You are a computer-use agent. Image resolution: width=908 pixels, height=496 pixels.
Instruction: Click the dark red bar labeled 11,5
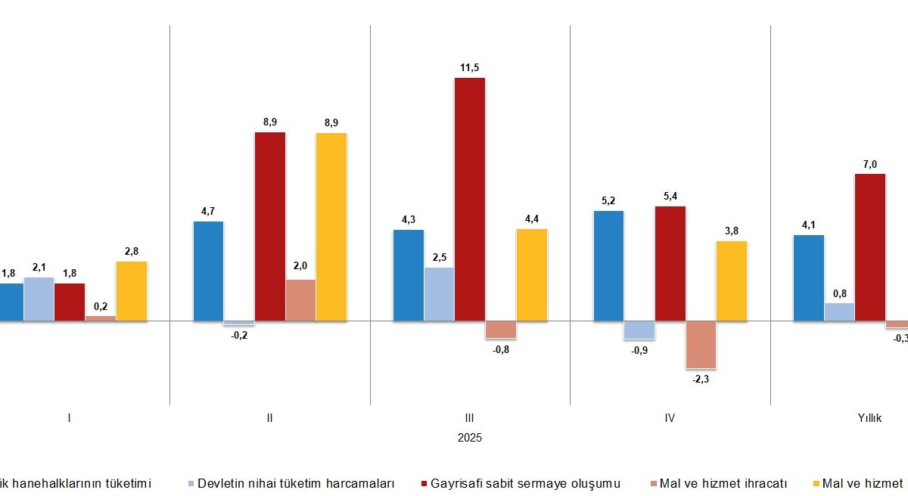point(469,200)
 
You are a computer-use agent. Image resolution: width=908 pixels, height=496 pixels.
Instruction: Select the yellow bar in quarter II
point(331,227)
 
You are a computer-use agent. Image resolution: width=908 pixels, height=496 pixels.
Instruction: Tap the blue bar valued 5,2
point(609,266)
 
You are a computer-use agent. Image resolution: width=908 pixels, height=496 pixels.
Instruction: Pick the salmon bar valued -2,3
point(701,345)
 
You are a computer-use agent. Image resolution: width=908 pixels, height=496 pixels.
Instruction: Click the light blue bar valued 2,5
point(440,294)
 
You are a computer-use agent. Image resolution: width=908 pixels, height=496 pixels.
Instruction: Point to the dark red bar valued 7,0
point(869,247)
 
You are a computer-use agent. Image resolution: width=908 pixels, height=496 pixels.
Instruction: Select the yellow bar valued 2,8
point(132,291)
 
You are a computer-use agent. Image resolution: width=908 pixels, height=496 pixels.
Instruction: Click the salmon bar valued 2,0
point(300,300)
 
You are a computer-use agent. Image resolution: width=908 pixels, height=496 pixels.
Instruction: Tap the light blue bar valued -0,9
point(639,330)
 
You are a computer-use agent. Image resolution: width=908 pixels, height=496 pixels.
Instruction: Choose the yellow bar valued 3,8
point(731,281)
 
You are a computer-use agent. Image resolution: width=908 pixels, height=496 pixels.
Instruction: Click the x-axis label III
point(470,418)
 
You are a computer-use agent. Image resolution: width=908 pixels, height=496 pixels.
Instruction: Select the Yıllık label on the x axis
point(869,418)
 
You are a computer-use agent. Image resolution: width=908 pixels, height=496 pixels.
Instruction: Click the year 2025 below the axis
point(470,438)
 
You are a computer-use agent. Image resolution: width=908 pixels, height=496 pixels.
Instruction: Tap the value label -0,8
point(500,349)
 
